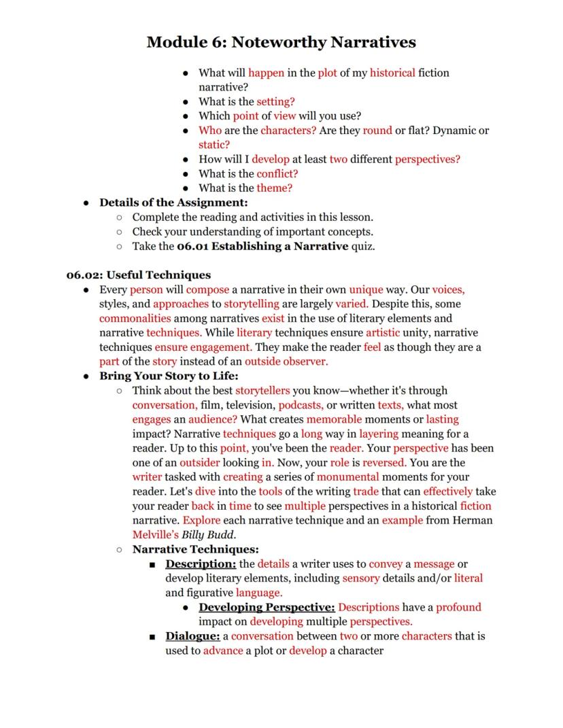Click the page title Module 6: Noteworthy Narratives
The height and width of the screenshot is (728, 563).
(281, 43)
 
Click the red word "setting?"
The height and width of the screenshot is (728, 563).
(275, 102)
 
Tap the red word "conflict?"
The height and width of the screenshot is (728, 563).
(277, 173)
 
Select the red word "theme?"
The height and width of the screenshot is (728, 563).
(274, 188)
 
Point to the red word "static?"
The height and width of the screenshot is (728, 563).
(214, 145)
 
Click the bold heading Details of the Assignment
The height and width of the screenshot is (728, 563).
(173, 203)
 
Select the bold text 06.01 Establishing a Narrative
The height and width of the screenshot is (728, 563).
(262, 246)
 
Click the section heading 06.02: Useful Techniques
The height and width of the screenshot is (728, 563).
(139, 275)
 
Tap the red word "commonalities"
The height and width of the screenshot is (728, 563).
(135, 318)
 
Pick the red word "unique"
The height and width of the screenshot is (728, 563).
(366, 290)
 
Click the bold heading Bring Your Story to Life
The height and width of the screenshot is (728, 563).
(169, 376)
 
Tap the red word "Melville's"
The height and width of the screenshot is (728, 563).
(155, 535)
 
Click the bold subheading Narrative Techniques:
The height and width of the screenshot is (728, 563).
(195, 549)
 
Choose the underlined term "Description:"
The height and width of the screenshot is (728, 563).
(201, 564)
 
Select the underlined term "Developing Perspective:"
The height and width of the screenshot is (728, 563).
(267, 607)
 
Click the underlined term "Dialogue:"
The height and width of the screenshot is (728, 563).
(192, 636)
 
